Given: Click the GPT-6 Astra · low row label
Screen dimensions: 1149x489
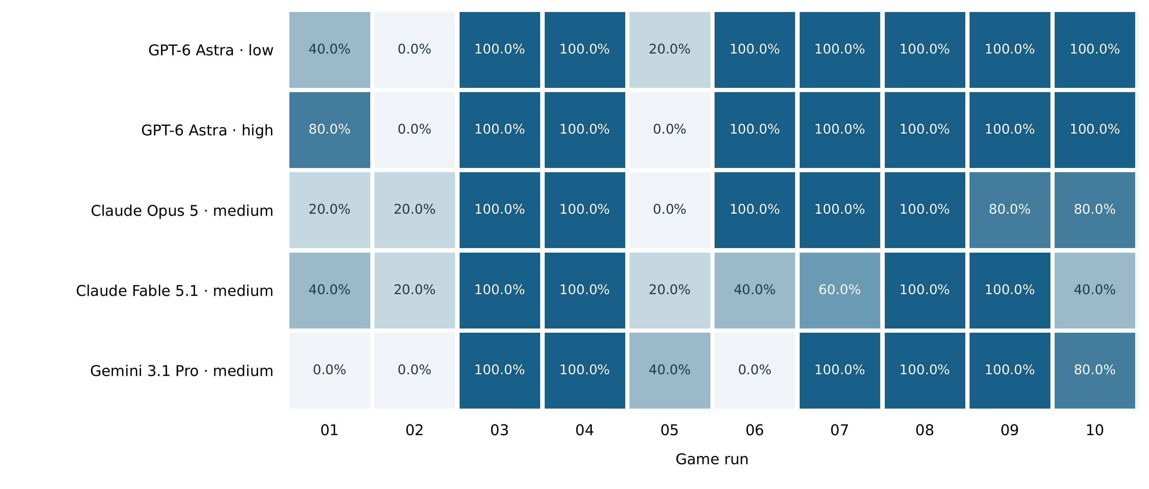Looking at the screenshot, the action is tap(211, 50).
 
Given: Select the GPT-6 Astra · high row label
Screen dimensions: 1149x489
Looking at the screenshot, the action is tap(207, 130).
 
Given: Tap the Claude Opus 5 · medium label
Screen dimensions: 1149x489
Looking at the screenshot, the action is tap(182, 210).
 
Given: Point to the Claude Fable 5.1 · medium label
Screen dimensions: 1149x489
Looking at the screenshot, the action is tap(174, 291).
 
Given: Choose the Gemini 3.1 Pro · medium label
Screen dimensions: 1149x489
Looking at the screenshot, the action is tap(182, 371).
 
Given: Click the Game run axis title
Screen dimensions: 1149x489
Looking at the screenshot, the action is tap(712, 459).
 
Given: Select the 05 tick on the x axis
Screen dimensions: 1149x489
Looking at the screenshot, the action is tap(670, 430).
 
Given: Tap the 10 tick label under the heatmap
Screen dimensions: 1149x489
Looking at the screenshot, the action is tap(1095, 430).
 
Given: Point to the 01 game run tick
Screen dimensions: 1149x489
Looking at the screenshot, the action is tap(329, 430).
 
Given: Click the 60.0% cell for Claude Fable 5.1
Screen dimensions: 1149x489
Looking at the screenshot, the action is tap(839, 291).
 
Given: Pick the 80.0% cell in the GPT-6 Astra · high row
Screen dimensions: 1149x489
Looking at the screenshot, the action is tap(329, 130).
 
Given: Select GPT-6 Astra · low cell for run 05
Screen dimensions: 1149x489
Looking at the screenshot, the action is tap(670, 50).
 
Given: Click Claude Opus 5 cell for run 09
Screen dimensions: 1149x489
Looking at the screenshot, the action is tap(1010, 210).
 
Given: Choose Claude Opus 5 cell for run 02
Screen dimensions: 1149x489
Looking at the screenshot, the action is tap(414, 210).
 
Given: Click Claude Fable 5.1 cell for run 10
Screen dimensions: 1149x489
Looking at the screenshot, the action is tap(1095, 291).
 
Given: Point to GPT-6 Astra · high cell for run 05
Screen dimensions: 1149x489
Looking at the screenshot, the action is tap(670, 130).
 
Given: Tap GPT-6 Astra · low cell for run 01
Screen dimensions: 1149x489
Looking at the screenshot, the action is tap(329, 50).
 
